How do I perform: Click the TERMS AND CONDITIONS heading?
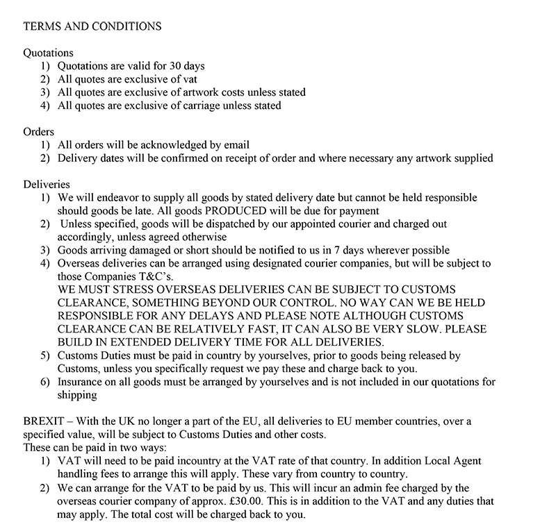tap(92, 26)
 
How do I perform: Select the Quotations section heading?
tap(49, 53)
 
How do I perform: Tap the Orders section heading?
tap(39, 131)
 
